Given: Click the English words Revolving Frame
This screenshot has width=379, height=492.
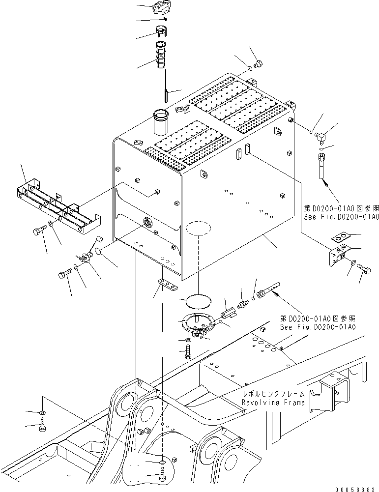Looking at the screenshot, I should [x=273, y=402].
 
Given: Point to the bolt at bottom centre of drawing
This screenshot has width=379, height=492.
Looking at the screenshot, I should [x=163, y=477].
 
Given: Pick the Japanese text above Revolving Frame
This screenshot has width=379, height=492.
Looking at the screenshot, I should [x=273, y=394].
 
